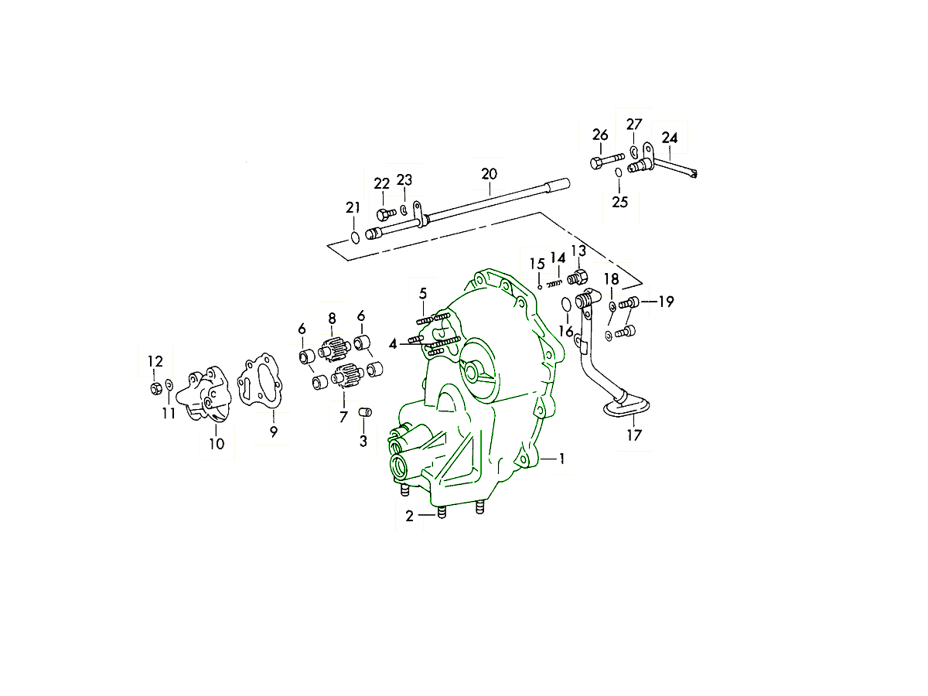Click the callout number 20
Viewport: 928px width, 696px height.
(x=490, y=174)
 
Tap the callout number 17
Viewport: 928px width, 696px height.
(x=634, y=435)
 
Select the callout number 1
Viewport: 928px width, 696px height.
(x=562, y=459)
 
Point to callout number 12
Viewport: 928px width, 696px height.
(x=155, y=361)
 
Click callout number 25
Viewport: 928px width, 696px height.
(x=619, y=202)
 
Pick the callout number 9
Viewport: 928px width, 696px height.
(x=274, y=432)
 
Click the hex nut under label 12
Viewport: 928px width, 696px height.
(x=156, y=388)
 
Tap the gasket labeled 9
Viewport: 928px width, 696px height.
(x=260, y=381)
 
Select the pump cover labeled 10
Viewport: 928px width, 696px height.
(x=204, y=394)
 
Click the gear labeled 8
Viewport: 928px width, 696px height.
(x=335, y=350)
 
